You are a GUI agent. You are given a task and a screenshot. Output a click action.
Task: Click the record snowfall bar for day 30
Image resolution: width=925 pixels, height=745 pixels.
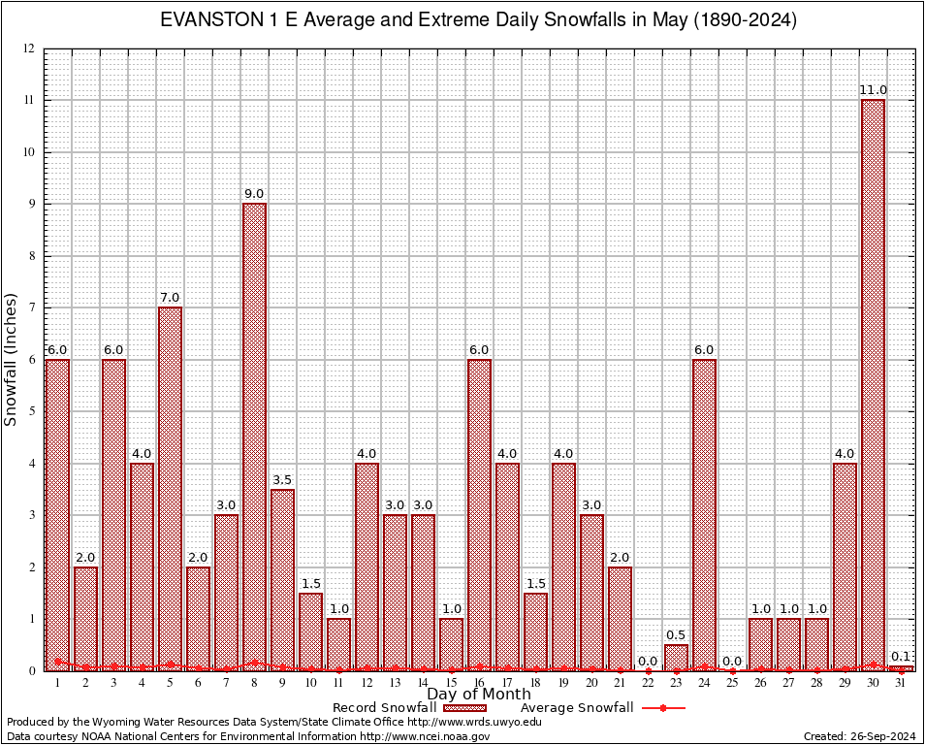click(x=873, y=385)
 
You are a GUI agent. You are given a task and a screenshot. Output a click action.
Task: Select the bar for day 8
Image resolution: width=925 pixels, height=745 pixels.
click(x=254, y=437)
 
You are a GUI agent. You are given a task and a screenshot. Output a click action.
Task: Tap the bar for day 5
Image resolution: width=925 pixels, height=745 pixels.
click(x=170, y=489)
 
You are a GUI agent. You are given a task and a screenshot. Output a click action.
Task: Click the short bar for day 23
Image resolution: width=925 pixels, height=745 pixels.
click(x=676, y=657)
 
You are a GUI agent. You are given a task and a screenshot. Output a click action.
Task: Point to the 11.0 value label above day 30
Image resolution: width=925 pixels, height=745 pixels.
click(x=873, y=90)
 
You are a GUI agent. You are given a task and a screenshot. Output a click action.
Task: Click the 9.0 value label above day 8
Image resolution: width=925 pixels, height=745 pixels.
click(x=254, y=194)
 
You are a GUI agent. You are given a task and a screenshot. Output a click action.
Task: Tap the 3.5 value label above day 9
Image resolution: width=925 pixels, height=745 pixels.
click(x=282, y=480)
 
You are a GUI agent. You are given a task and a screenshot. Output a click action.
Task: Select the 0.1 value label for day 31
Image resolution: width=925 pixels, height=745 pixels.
click(x=901, y=657)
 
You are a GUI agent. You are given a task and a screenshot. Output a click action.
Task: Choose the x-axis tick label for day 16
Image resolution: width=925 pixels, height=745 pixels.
click(x=479, y=683)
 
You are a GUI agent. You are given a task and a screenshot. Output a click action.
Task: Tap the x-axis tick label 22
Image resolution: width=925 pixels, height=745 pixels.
click(x=648, y=683)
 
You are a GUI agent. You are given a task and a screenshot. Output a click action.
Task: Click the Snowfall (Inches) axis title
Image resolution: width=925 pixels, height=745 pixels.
click(x=12, y=359)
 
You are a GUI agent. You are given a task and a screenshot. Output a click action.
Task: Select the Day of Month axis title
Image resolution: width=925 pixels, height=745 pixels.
click(x=478, y=695)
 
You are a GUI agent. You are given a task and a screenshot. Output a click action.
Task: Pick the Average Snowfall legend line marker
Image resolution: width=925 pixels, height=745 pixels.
click(x=662, y=708)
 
